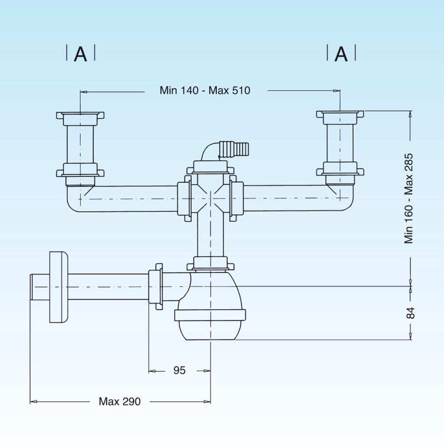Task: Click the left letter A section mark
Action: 80,54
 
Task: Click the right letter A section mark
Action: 341,54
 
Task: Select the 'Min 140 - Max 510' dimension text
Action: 205,90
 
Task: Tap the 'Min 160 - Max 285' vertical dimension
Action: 409,199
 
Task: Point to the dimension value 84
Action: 410,313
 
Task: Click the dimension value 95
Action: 180,370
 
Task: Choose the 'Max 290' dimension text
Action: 120,402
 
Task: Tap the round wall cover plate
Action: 59,287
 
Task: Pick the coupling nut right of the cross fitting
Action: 236,198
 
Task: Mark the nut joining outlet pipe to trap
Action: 156,287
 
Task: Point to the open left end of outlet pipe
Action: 32,287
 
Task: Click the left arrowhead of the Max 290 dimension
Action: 33,402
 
